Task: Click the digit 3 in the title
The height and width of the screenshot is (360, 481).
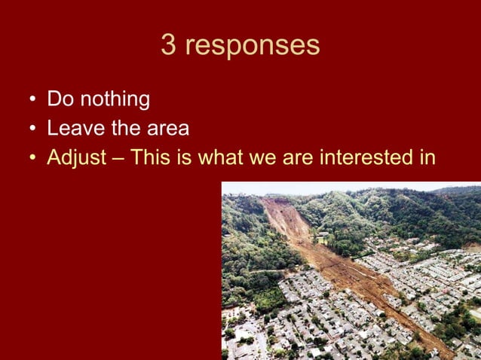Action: pos(168,45)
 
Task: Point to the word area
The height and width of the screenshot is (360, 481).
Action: pos(167,130)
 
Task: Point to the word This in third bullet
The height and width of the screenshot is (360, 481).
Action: pos(152,159)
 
